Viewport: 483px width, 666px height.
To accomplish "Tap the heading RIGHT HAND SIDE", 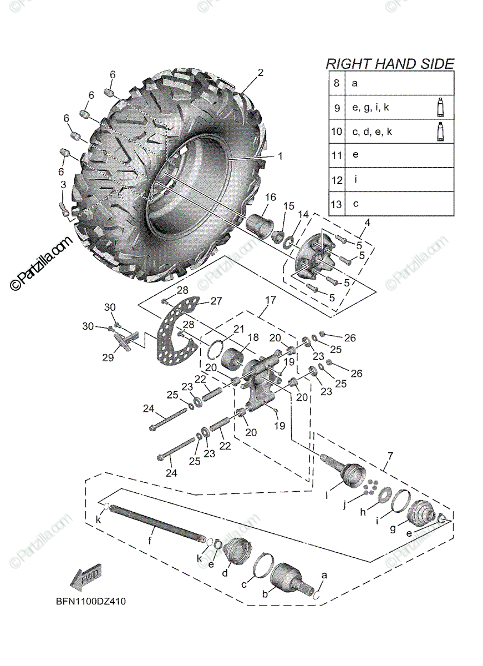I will (389, 63).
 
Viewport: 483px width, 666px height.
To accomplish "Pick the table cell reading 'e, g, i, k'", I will (370, 108).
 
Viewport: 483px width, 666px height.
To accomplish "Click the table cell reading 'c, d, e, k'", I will (372, 132).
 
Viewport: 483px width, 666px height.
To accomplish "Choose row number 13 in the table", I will (336, 204).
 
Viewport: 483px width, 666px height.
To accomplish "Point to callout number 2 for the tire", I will (260, 73).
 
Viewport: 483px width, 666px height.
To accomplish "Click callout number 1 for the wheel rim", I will (280, 157).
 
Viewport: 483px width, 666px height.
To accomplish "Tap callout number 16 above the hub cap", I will (270, 198).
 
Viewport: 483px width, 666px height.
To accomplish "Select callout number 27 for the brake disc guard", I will (215, 301).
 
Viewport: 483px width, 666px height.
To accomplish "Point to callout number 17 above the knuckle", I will (270, 300).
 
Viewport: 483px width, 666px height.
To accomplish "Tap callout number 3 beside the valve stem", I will (63, 184).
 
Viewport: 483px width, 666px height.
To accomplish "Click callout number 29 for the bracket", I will (108, 357).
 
